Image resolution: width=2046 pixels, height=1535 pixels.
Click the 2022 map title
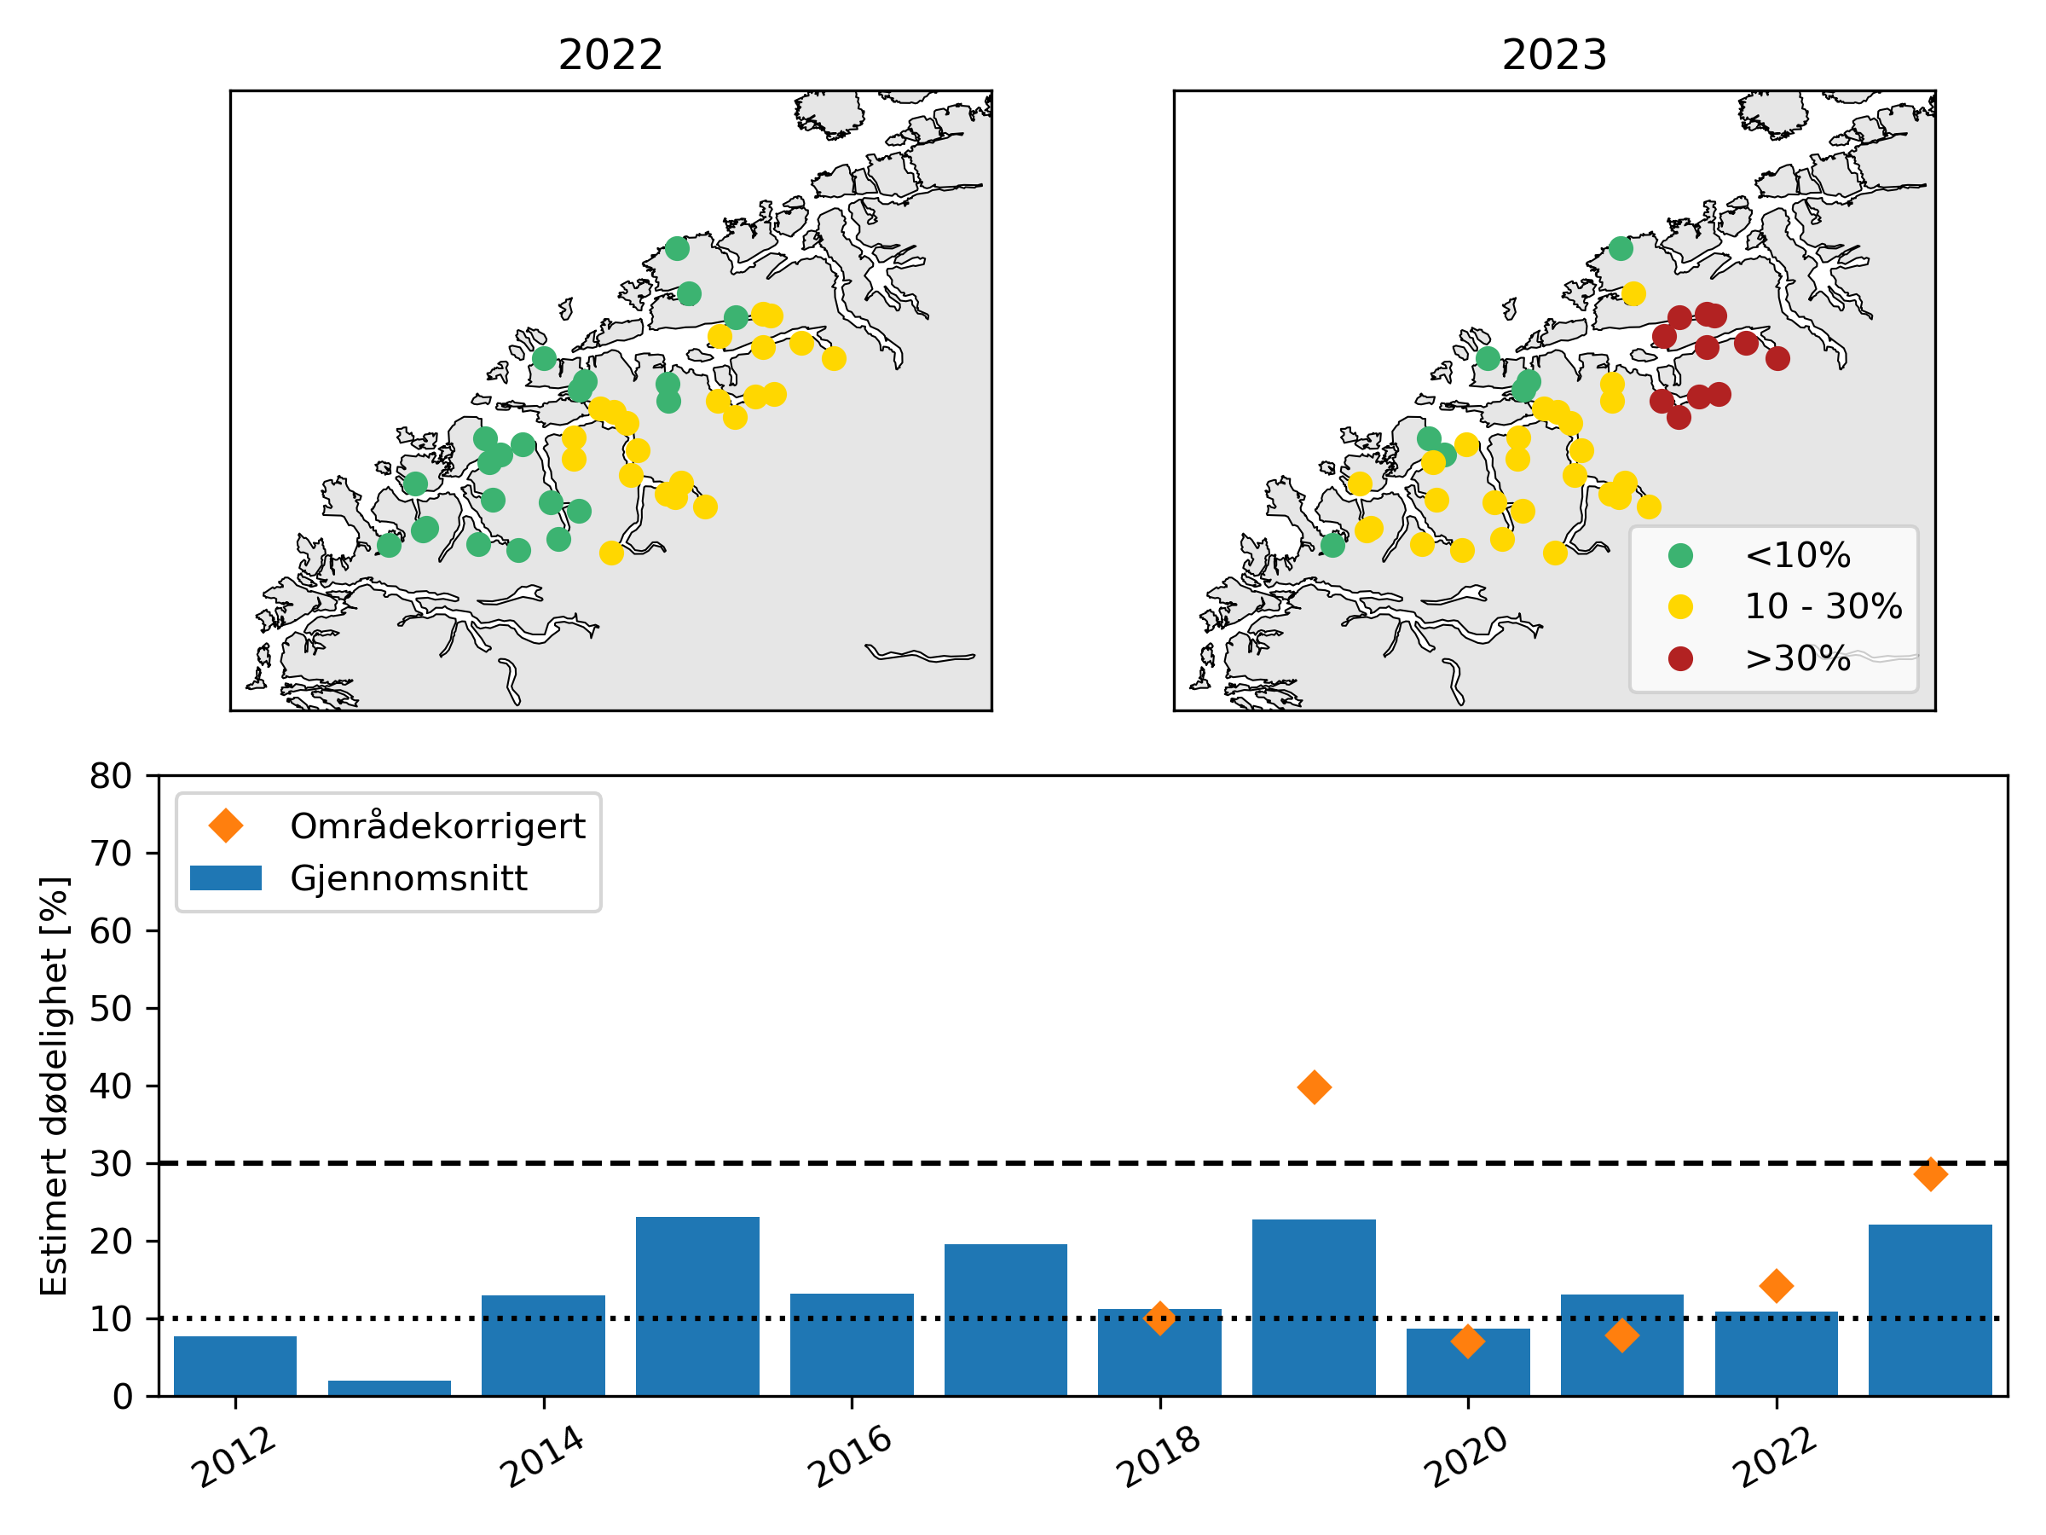coord(610,55)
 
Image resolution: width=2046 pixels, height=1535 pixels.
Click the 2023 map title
coord(1554,55)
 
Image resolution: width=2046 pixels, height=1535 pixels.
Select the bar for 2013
coord(390,1387)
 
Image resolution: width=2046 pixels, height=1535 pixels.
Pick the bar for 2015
coord(697,1306)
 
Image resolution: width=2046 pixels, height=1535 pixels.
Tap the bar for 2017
coord(1005,1319)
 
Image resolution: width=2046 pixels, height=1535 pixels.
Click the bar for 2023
coord(1929,1309)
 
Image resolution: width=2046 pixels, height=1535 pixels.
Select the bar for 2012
coord(235,1365)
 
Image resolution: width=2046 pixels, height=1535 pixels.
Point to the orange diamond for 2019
coord(1314,1087)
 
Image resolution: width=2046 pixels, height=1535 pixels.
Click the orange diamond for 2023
coord(1929,1175)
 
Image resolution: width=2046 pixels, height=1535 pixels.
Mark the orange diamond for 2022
coord(1776,1285)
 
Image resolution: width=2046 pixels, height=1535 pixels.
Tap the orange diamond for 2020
coord(1468,1341)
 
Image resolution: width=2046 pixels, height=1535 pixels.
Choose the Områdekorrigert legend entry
coord(436,826)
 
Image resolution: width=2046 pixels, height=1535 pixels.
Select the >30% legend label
coord(1797,659)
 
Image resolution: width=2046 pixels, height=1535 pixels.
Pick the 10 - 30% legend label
coord(1822,607)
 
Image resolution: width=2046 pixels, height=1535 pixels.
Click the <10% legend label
coord(1797,555)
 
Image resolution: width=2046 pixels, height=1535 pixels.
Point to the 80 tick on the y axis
coord(111,776)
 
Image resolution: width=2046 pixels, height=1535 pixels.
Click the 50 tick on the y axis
coord(111,1009)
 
